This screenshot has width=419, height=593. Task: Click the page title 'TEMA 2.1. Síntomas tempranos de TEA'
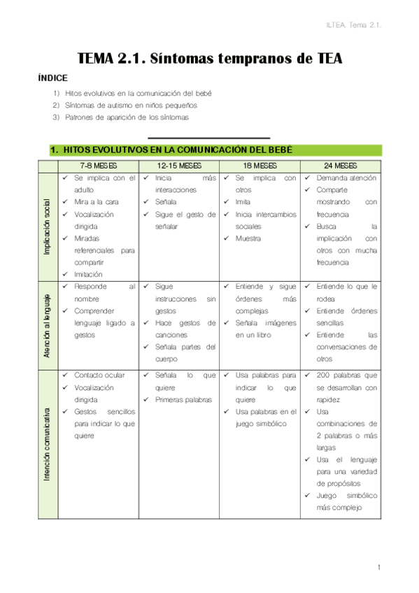tap(209, 59)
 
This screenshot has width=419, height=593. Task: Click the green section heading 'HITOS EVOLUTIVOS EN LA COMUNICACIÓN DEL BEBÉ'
tap(172, 150)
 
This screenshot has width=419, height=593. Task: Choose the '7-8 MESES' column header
tap(99, 166)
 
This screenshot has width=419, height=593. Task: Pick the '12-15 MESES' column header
tap(179, 166)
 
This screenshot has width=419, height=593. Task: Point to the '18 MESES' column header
tap(260, 166)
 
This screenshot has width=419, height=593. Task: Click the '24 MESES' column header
tap(341, 166)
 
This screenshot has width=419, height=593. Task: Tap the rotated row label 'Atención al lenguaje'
tap(48, 324)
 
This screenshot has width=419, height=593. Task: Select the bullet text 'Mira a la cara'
tap(97, 202)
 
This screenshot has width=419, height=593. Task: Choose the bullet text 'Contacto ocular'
tap(99, 376)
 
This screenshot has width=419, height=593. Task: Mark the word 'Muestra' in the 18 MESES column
tap(248, 238)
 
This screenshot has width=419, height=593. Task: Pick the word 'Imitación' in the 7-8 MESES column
tap(88, 274)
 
